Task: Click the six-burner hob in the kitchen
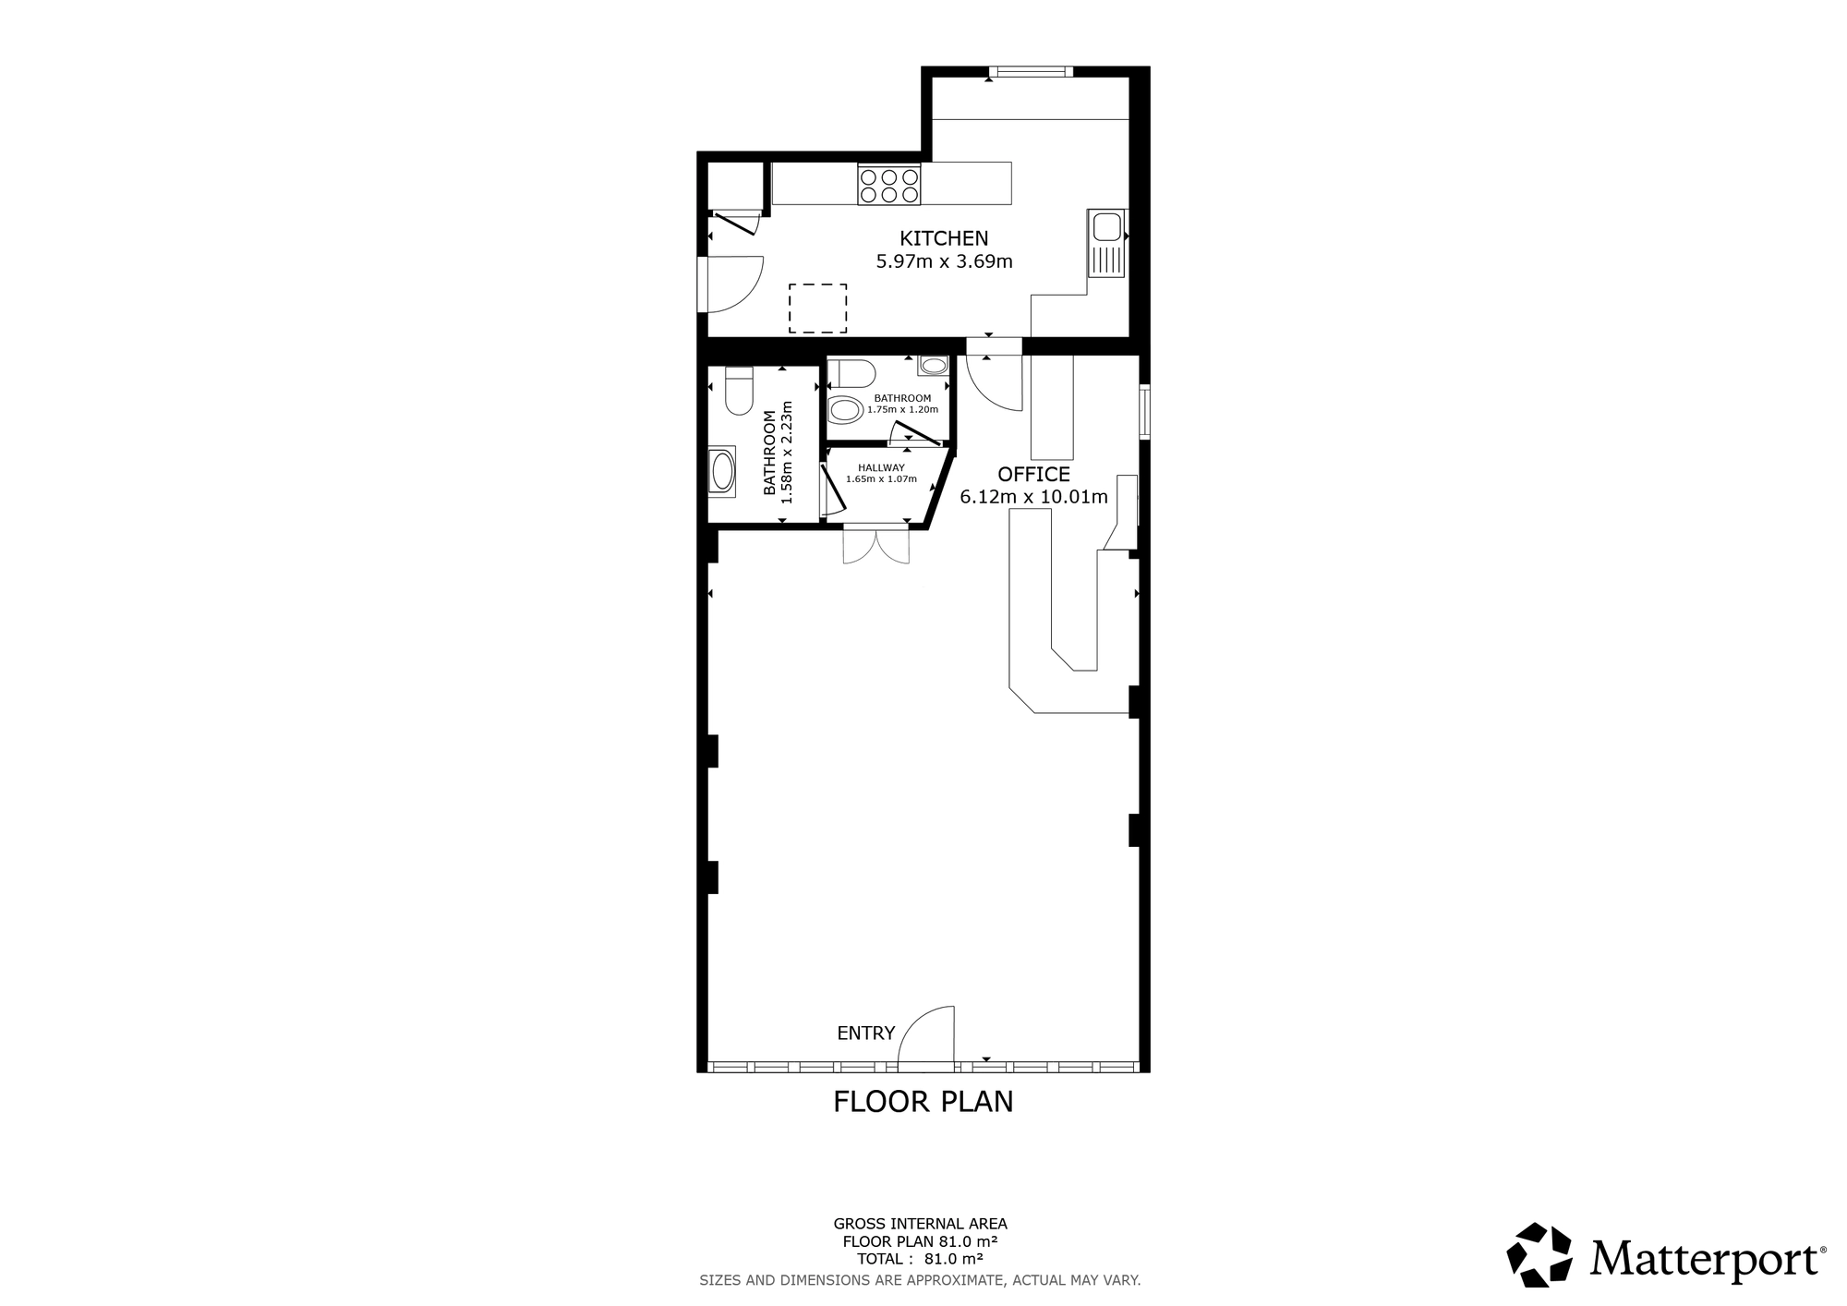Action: tap(888, 184)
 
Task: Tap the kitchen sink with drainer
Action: tap(1105, 243)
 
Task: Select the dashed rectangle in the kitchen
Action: tap(817, 308)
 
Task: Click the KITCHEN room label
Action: tap(944, 238)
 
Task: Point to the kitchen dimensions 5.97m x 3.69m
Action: tap(944, 261)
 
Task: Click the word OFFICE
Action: tap(1033, 475)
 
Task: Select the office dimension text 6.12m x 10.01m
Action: tap(1033, 498)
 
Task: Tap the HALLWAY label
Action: tap(881, 468)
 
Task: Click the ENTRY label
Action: tap(865, 1034)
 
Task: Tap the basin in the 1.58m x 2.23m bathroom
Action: tap(721, 472)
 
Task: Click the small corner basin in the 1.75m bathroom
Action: tap(933, 366)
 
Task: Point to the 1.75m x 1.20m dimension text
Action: tap(902, 409)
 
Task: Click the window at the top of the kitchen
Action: tap(1031, 71)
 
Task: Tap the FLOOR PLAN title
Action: tap(923, 1102)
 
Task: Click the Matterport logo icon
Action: tap(1539, 1254)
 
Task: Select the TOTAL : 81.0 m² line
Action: tap(919, 1258)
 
